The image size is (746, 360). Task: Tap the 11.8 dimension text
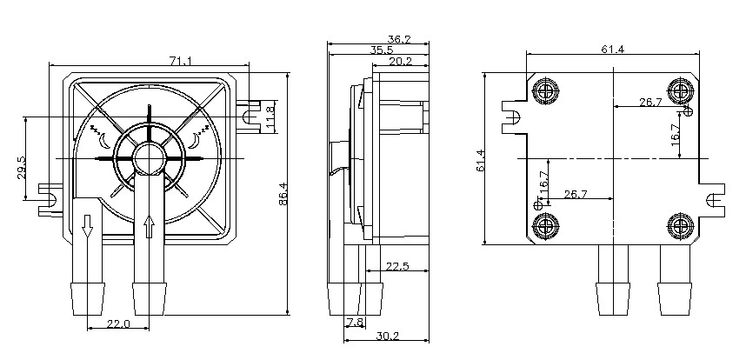(270, 114)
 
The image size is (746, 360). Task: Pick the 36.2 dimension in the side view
(399, 39)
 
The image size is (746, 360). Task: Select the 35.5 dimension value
(380, 50)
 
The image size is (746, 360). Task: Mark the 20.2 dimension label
(401, 62)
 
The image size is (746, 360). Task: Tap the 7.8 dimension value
(354, 323)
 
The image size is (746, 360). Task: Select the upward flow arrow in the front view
(149, 229)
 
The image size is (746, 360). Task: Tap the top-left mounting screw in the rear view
(546, 90)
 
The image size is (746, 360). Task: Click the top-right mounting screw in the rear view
(679, 90)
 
